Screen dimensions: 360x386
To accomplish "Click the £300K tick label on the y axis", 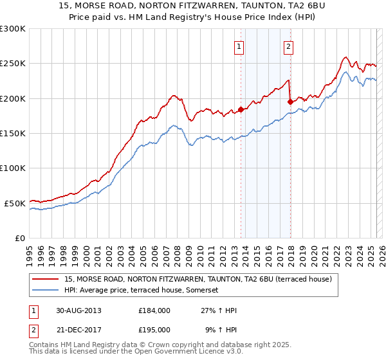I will pos(13,29).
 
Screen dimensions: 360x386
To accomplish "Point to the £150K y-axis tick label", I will pos(13,133).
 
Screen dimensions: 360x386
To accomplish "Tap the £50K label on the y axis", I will pos(15,203).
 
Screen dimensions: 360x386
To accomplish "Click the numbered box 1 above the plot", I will pos(239,46).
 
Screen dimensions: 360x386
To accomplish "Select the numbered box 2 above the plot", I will pos(288,46).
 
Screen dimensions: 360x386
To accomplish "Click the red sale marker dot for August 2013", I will pos(241,109).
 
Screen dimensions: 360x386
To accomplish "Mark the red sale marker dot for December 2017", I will pos(290,102).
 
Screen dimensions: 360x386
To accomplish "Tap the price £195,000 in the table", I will pos(154,328).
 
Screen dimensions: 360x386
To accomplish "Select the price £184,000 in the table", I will pos(154,310).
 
